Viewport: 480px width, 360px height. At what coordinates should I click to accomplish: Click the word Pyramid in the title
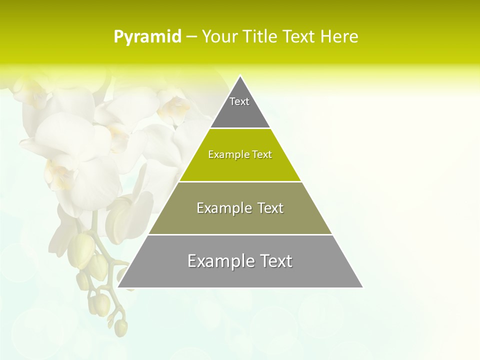click(147, 37)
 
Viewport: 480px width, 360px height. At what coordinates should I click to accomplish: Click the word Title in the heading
click(258, 37)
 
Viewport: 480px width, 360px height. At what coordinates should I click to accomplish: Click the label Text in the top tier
click(239, 101)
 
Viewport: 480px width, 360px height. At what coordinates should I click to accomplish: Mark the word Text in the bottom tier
click(274, 261)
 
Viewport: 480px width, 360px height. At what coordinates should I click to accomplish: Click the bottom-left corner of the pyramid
click(119, 287)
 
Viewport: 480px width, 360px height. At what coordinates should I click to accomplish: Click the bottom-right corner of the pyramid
click(362, 287)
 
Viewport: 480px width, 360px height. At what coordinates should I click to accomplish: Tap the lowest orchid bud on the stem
click(120, 328)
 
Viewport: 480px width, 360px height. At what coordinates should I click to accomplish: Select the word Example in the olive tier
click(220, 208)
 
